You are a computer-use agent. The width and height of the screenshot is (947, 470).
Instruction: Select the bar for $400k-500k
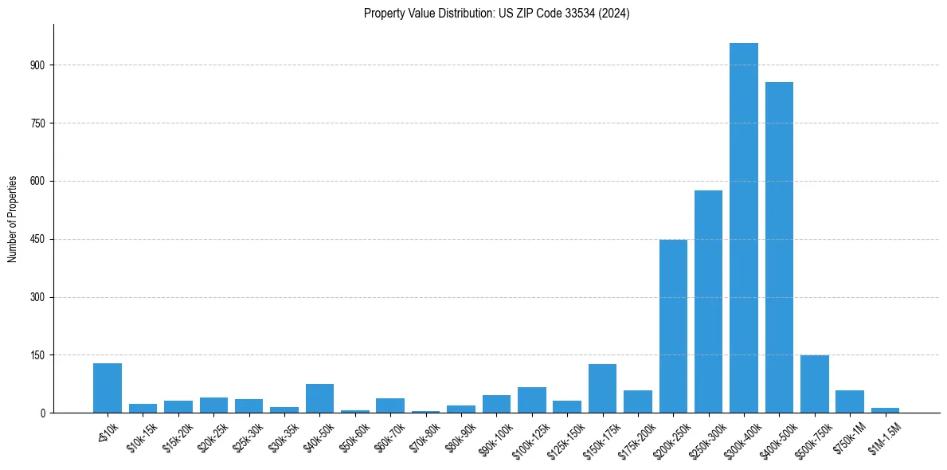click(779, 248)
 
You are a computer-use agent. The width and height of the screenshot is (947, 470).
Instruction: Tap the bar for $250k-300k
click(708, 302)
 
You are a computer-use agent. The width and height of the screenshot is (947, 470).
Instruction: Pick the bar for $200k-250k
click(673, 327)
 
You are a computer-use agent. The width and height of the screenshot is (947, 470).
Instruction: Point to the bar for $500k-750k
click(814, 385)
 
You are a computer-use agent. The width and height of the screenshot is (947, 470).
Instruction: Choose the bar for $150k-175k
click(602, 389)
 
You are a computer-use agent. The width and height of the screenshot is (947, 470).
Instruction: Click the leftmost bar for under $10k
click(108, 389)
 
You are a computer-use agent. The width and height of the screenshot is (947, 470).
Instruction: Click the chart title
click(496, 14)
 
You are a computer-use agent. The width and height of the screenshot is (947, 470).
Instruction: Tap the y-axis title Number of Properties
click(13, 219)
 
